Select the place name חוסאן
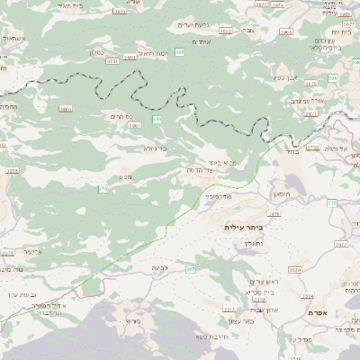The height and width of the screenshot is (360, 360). (x=280, y=193)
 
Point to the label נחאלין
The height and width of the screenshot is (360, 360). (x=255, y=243)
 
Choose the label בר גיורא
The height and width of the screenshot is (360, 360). (x=155, y=148)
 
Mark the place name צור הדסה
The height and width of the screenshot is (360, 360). (x=197, y=170)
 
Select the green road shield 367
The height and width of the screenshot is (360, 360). (x=191, y=269)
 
